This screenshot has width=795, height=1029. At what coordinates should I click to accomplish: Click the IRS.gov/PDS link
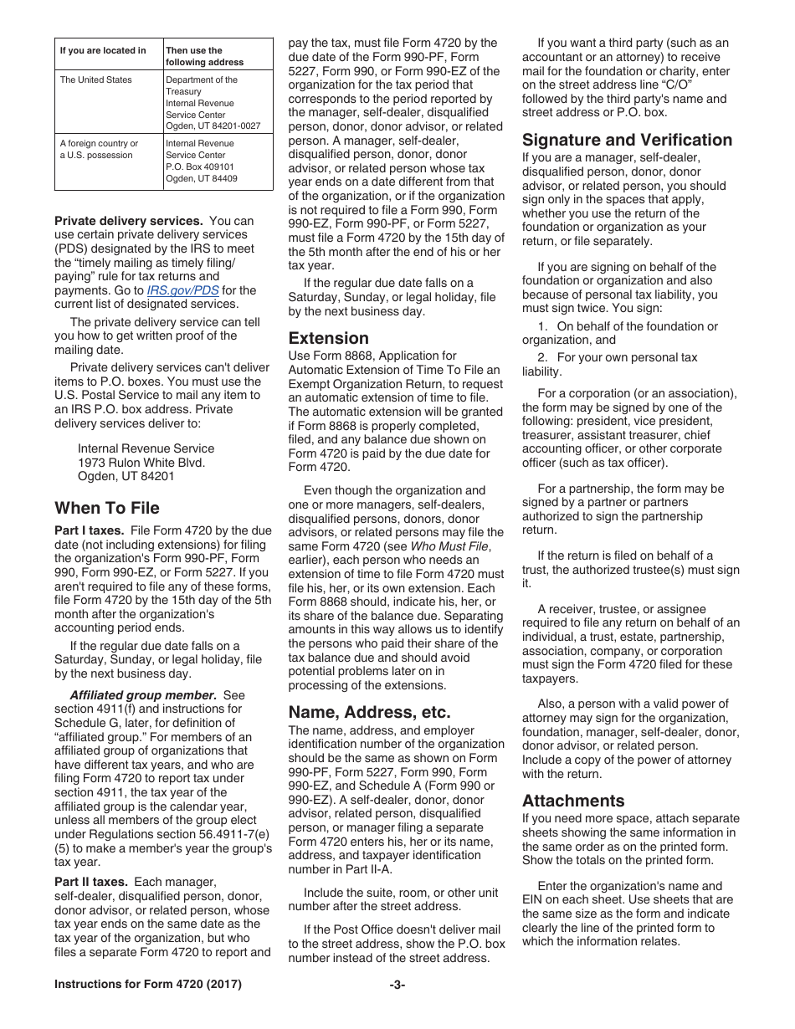click(x=183, y=290)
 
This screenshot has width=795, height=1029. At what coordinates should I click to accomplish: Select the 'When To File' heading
click(x=106, y=508)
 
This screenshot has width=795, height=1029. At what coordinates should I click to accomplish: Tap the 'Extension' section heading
click(x=328, y=338)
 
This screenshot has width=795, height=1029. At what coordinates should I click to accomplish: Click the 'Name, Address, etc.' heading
click(x=369, y=712)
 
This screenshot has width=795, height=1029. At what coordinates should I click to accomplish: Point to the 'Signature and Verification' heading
click(x=627, y=140)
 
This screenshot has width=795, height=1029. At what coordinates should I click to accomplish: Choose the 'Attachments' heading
click(x=573, y=801)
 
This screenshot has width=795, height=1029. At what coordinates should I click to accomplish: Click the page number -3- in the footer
click(x=397, y=985)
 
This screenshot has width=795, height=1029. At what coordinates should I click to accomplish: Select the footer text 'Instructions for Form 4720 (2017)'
click(x=148, y=985)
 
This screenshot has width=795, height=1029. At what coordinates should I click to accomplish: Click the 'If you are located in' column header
click(x=102, y=51)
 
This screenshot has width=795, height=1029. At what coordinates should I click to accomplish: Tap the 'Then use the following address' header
click(x=193, y=56)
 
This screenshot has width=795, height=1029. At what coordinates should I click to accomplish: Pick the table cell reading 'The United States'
click(x=95, y=80)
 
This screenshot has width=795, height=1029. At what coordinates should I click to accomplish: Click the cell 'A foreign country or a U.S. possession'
click(x=99, y=149)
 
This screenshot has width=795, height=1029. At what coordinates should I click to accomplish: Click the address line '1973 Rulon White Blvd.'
click(x=141, y=463)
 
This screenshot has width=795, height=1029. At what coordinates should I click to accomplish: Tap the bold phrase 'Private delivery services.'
click(x=128, y=221)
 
